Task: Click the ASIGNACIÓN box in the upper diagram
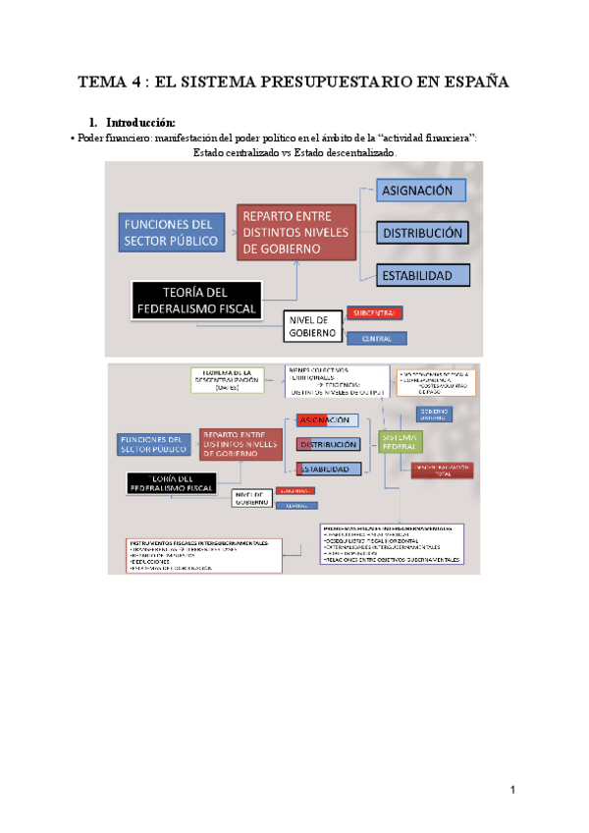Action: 418,191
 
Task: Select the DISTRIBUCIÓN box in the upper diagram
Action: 422,234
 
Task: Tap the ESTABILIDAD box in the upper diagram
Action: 417,276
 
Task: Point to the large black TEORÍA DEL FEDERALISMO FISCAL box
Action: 196,300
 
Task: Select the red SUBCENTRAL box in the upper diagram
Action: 373,313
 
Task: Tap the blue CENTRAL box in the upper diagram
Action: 377,339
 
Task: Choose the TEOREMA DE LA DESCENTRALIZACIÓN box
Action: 228,380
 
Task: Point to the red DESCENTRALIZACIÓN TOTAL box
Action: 443,470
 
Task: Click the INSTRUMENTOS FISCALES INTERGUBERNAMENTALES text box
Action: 202,556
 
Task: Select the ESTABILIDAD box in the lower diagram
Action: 324,470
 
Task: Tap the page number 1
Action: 511,790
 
